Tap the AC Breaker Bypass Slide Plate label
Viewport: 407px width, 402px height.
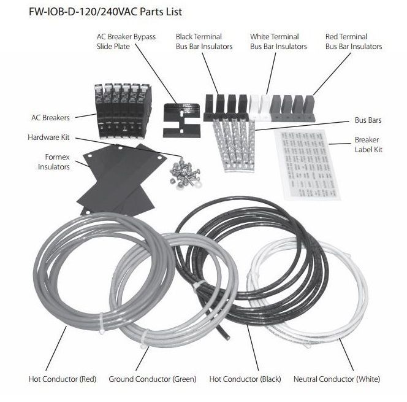point(126,41)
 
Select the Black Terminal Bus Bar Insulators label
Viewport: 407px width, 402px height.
point(199,41)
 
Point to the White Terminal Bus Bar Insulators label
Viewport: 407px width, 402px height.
point(279,41)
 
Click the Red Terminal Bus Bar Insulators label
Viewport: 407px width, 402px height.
point(354,41)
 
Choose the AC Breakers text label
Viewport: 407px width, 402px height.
point(51,117)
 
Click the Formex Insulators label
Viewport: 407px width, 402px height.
point(53,161)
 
